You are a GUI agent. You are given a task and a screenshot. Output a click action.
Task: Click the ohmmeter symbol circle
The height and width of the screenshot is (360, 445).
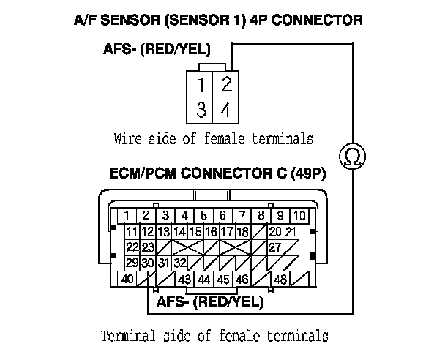click(x=353, y=155)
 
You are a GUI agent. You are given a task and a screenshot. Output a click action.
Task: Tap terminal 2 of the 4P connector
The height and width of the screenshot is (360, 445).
click(x=226, y=83)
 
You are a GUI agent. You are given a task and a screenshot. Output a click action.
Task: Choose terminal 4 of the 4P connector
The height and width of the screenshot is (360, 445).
click(x=226, y=110)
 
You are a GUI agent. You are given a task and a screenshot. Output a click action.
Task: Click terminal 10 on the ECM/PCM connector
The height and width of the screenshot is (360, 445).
click(x=299, y=215)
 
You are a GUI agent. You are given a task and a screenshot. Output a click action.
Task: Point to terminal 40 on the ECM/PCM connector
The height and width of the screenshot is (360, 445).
click(x=127, y=279)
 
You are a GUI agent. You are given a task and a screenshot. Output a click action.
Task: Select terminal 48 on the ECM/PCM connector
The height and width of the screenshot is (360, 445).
click(x=280, y=279)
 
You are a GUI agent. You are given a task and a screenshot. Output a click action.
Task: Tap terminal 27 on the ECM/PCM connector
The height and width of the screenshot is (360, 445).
click(x=275, y=247)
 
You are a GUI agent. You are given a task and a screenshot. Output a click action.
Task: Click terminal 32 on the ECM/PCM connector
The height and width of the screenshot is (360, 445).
click(x=180, y=262)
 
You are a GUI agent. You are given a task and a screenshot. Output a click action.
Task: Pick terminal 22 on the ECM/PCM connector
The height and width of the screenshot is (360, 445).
click(x=132, y=247)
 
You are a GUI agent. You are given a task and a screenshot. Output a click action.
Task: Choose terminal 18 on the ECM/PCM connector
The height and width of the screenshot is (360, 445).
click(x=243, y=231)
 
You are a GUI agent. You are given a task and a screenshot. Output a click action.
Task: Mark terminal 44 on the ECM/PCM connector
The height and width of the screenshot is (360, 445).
click(x=203, y=279)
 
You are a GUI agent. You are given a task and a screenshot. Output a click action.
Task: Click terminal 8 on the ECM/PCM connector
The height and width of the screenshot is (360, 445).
click(x=261, y=215)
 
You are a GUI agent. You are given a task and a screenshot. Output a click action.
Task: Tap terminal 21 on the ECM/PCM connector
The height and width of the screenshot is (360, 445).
click(x=290, y=231)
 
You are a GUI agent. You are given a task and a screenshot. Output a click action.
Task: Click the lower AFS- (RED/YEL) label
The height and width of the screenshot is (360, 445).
click(x=209, y=301)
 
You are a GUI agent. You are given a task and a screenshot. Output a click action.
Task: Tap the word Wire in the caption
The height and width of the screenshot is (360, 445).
click(x=128, y=138)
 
